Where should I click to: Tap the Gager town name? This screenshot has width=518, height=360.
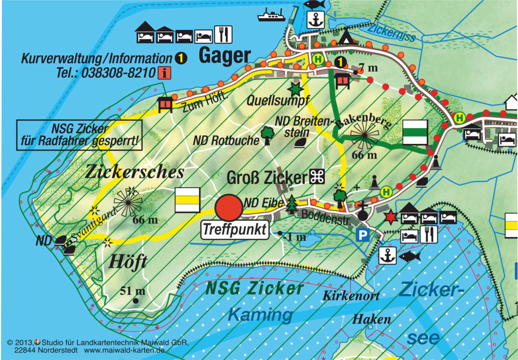click(x=224, y=56)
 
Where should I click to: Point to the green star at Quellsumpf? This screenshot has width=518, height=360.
click(x=295, y=88)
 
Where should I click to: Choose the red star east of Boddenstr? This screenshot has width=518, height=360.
click(x=390, y=218)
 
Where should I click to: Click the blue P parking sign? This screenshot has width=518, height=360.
click(x=362, y=235)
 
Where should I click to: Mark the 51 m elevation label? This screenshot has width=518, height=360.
click(x=132, y=291)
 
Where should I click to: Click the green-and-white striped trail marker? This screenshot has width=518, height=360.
click(x=415, y=132)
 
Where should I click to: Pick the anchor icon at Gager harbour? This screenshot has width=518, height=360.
click(x=314, y=19)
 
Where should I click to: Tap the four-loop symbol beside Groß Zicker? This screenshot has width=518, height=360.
click(x=317, y=178)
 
